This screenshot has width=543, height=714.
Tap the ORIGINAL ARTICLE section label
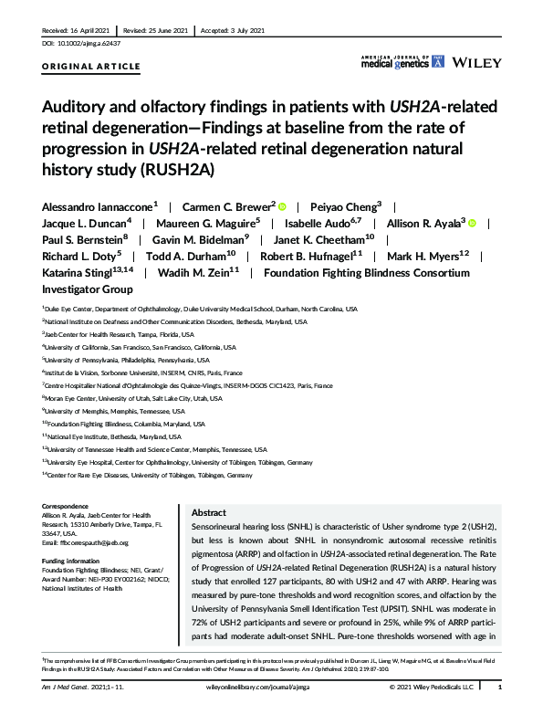(91, 68)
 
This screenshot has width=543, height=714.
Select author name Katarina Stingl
(78, 272)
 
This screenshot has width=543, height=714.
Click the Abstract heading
(209, 514)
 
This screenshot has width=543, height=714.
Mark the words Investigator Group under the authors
(88, 289)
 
